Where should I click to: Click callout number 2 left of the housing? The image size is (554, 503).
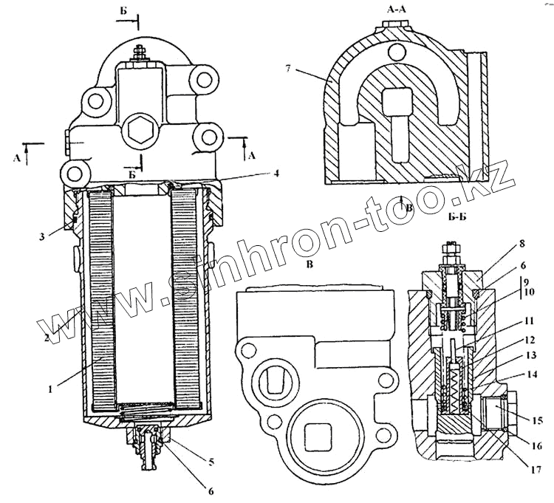coord(46,337)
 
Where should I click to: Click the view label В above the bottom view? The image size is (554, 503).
coord(310,262)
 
